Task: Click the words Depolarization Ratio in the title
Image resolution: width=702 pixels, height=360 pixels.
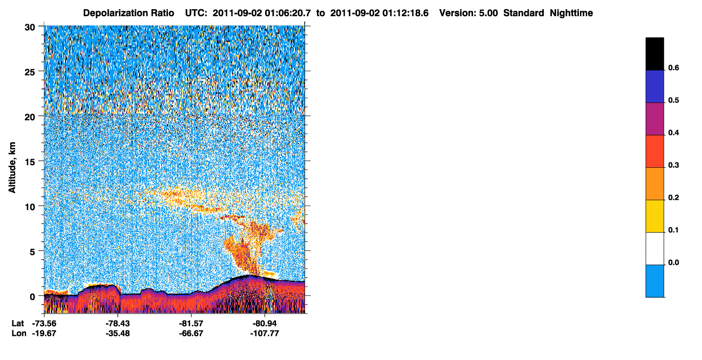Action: pyautogui.click(x=129, y=13)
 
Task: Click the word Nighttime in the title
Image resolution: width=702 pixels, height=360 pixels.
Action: pyautogui.click(x=571, y=13)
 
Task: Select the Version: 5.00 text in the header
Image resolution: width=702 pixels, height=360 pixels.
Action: pyautogui.click(x=469, y=13)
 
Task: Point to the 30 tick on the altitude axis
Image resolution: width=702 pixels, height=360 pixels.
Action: pyautogui.click(x=30, y=28)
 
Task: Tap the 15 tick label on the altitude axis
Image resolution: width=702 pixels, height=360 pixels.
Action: pyautogui.click(x=30, y=162)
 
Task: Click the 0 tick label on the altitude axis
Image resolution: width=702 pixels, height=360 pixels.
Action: pyautogui.click(x=32, y=296)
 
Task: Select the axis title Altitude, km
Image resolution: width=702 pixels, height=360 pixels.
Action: pyautogui.click(x=12, y=167)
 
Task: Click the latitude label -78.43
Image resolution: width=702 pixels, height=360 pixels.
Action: pyautogui.click(x=118, y=323)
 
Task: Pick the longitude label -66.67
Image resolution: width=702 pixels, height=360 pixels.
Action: pyautogui.click(x=191, y=333)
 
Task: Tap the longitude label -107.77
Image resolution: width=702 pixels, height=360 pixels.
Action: pyautogui.click(x=265, y=333)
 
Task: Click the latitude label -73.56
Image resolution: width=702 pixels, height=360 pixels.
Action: pyautogui.click(x=44, y=323)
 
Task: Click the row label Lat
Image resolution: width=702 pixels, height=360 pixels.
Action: pyautogui.click(x=18, y=323)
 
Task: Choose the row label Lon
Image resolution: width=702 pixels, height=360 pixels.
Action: pyautogui.click(x=19, y=333)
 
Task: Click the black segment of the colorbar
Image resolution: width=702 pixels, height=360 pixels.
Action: pyautogui.click(x=654, y=53)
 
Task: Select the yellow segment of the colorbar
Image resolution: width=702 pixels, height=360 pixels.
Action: pyautogui.click(x=654, y=216)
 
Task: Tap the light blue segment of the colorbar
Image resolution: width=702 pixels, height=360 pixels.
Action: pyautogui.click(x=654, y=281)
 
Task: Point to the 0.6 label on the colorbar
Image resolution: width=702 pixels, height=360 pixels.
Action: pyautogui.click(x=673, y=67)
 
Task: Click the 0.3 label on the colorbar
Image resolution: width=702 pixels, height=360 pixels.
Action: pyautogui.click(x=673, y=165)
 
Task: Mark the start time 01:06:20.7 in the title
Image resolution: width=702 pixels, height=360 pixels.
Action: pyautogui.click(x=288, y=13)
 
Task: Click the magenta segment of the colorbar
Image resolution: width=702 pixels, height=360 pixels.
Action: pyautogui.click(x=654, y=119)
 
